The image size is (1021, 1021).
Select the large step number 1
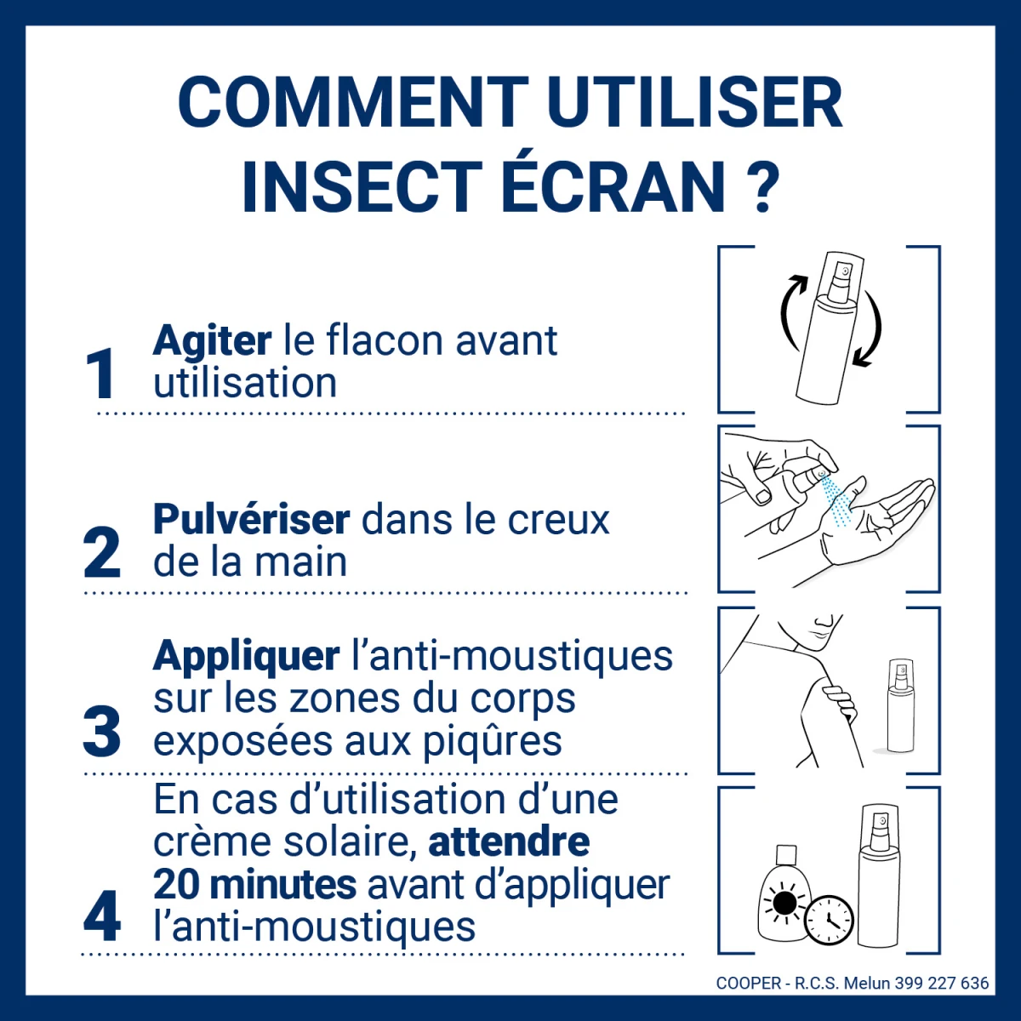pos(101,374)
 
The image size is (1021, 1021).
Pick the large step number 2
pos(102,553)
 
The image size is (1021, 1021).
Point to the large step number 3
pos(102,732)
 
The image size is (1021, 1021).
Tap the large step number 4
pos(102,916)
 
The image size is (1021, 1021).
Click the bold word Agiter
pos(212,341)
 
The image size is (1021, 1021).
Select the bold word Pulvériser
pos(251,520)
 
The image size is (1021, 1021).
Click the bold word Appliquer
pos(247,656)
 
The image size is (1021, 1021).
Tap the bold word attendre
pos(509,842)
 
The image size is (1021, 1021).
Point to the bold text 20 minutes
pos(254,885)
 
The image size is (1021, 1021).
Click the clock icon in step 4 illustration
pos(829,920)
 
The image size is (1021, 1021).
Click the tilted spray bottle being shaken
pos(829,328)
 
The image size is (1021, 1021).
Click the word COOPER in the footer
pos(749,984)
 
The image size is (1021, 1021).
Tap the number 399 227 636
pos(942,984)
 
